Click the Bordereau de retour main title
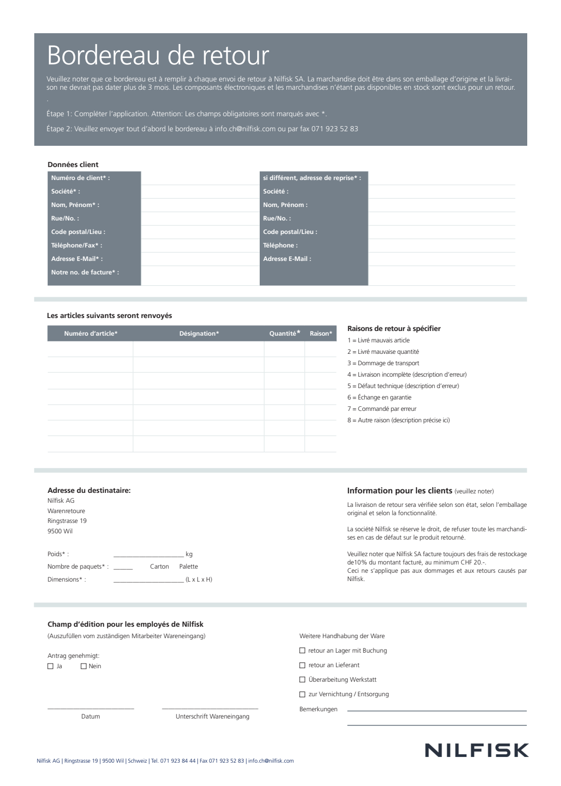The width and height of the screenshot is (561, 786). (158, 56)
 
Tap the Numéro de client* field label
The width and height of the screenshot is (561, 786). (81, 178)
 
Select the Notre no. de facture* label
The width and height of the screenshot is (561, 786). (85, 272)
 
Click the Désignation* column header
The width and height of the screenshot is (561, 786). (199, 334)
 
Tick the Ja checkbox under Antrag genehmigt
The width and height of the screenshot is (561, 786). (50, 666)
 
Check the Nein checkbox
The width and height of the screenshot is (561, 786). (84, 666)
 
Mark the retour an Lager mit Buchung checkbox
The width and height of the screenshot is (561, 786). (302, 651)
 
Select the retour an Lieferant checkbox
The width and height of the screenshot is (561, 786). (302, 665)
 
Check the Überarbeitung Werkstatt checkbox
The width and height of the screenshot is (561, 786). (302, 680)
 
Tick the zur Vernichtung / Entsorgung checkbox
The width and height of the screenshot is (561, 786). (302, 694)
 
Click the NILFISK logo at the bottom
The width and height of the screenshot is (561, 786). (476, 750)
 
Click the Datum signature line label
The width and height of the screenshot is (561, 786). (90, 716)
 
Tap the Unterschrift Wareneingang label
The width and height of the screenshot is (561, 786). (212, 716)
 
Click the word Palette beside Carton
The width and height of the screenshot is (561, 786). (189, 567)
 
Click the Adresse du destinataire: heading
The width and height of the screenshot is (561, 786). (89, 490)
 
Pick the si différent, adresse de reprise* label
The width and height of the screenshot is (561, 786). (312, 178)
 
